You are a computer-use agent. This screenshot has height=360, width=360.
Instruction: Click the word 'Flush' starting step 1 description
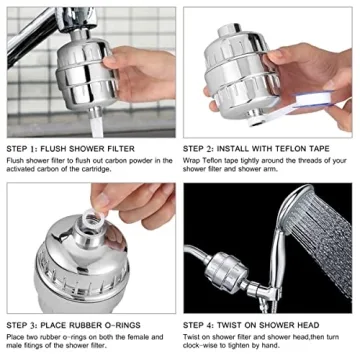17,159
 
